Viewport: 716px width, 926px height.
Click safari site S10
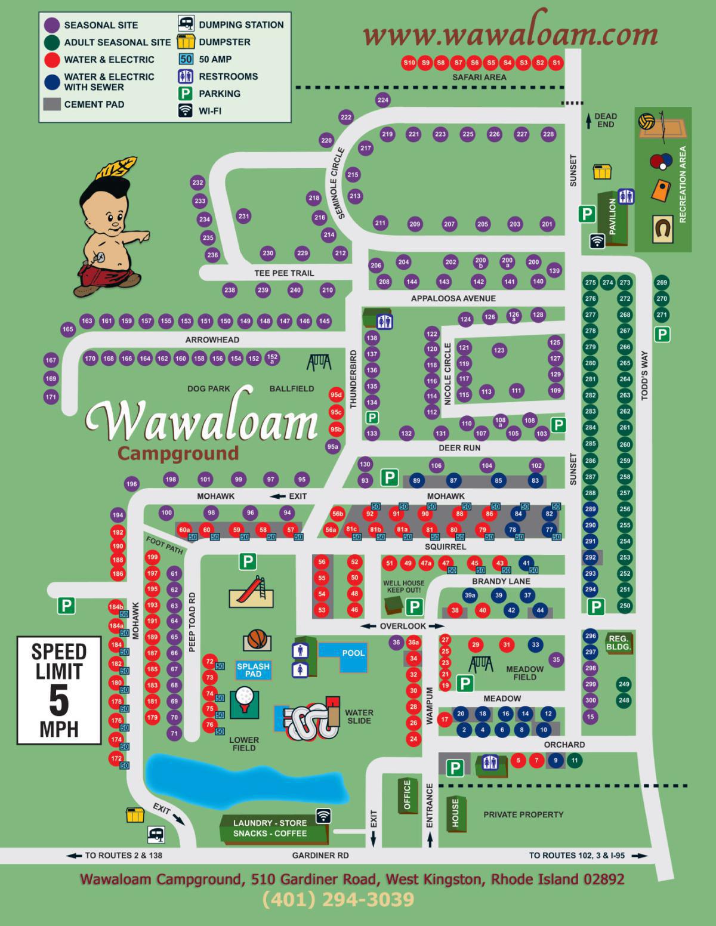click(x=409, y=63)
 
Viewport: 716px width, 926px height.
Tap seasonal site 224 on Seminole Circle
click(x=383, y=100)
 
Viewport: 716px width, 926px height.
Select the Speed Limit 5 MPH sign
click(x=59, y=691)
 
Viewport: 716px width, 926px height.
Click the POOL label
click(x=353, y=653)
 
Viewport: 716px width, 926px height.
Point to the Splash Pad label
click(x=253, y=669)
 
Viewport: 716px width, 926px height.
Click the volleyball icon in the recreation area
click(x=647, y=122)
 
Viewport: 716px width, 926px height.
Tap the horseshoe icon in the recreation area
click(x=663, y=228)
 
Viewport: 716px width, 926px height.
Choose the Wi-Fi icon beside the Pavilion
click(x=597, y=240)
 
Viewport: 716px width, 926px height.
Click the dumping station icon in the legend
click(x=186, y=24)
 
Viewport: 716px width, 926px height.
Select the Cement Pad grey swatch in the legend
click(x=52, y=104)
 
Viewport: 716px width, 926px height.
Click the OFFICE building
click(x=408, y=795)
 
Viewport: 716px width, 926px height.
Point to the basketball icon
click(x=257, y=640)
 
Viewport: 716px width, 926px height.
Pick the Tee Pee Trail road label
click(x=284, y=273)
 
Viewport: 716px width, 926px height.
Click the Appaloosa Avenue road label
click(x=453, y=298)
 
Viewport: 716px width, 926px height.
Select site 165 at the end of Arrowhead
click(x=68, y=329)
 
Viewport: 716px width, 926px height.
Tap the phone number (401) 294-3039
click(x=338, y=900)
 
